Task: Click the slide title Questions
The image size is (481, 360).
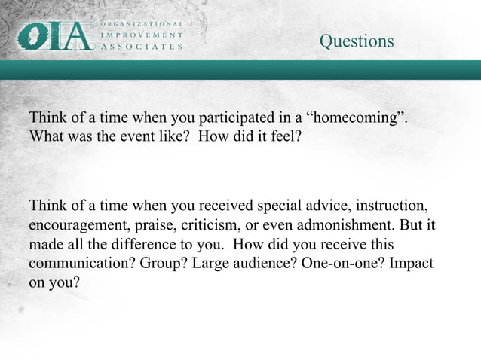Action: pyautogui.click(x=356, y=41)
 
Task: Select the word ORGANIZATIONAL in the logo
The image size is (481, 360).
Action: pyautogui.click(x=142, y=23)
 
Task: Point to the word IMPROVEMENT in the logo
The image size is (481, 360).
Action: pyautogui.click(x=142, y=35)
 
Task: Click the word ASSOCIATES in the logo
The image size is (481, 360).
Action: pyautogui.click(x=142, y=46)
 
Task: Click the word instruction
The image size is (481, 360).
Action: pyautogui.click(x=391, y=206)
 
